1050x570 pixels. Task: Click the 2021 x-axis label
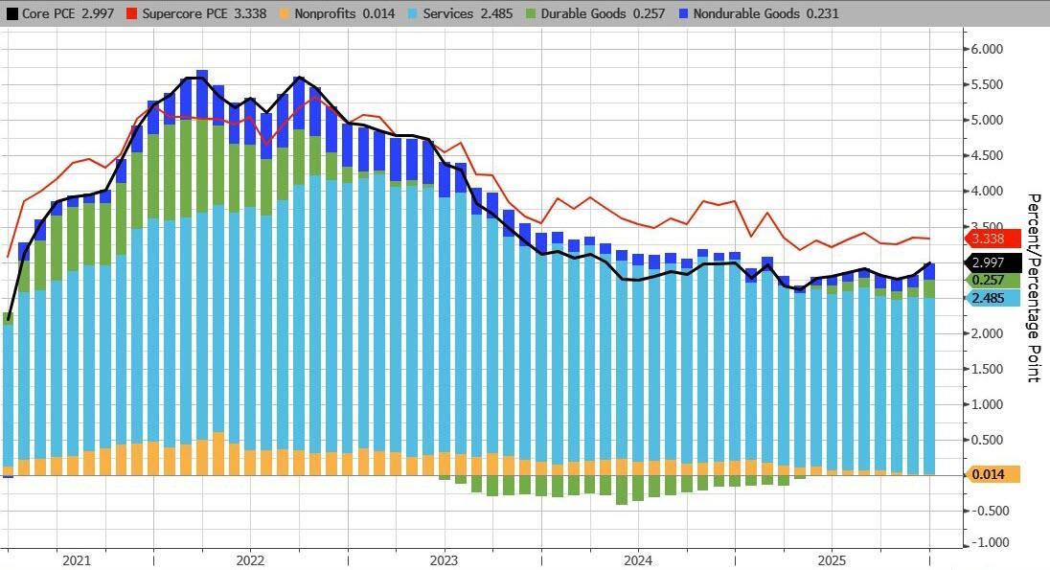[76, 560]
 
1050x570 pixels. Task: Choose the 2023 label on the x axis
[444, 560]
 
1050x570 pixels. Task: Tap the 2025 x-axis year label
[831, 560]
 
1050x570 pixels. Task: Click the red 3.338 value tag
[990, 239]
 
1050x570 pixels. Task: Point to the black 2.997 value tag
[990, 262]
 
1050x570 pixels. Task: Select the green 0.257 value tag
[990, 280]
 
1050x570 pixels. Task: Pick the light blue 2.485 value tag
[990, 298]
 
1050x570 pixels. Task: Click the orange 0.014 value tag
[990, 474]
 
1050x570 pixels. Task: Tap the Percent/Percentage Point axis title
[1034, 287]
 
